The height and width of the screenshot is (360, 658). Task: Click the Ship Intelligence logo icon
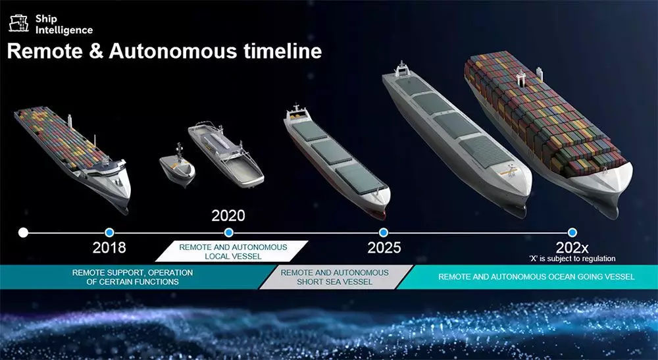click(x=19, y=24)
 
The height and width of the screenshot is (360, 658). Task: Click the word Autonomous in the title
click(x=173, y=51)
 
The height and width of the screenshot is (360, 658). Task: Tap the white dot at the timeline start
click(x=24, y=232)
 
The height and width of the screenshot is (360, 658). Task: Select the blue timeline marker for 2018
click(x=109, y=232)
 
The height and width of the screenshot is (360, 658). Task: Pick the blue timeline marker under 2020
click(x=229, y=232)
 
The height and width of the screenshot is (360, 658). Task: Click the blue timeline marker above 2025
click(x=383, y=232)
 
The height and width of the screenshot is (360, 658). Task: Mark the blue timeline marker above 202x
click(x=572, y=232)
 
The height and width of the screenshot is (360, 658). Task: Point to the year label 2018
click(x=109, y=247)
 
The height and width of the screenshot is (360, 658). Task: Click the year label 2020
click(x=228, y=216)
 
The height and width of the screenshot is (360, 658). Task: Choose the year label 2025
click(x=384, y=247)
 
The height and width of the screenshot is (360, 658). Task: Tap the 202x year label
click(x=572, y=247)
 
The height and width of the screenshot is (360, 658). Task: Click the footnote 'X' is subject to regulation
click(x=572, y=259)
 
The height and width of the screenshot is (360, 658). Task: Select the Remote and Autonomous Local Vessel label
click(x=233, y=252)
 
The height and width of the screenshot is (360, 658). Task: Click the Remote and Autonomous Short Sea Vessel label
click(x=334, y=277)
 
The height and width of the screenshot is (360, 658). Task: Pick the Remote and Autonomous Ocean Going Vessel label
click(x=536, y=277)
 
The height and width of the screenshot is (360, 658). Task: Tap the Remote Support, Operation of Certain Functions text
click(x=133, y=277)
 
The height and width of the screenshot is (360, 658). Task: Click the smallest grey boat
click(x=177, y=165)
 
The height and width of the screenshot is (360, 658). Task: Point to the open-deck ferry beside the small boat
click(x=226, y=153)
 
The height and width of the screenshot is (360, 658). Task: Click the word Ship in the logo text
click(x=46, y=19)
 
